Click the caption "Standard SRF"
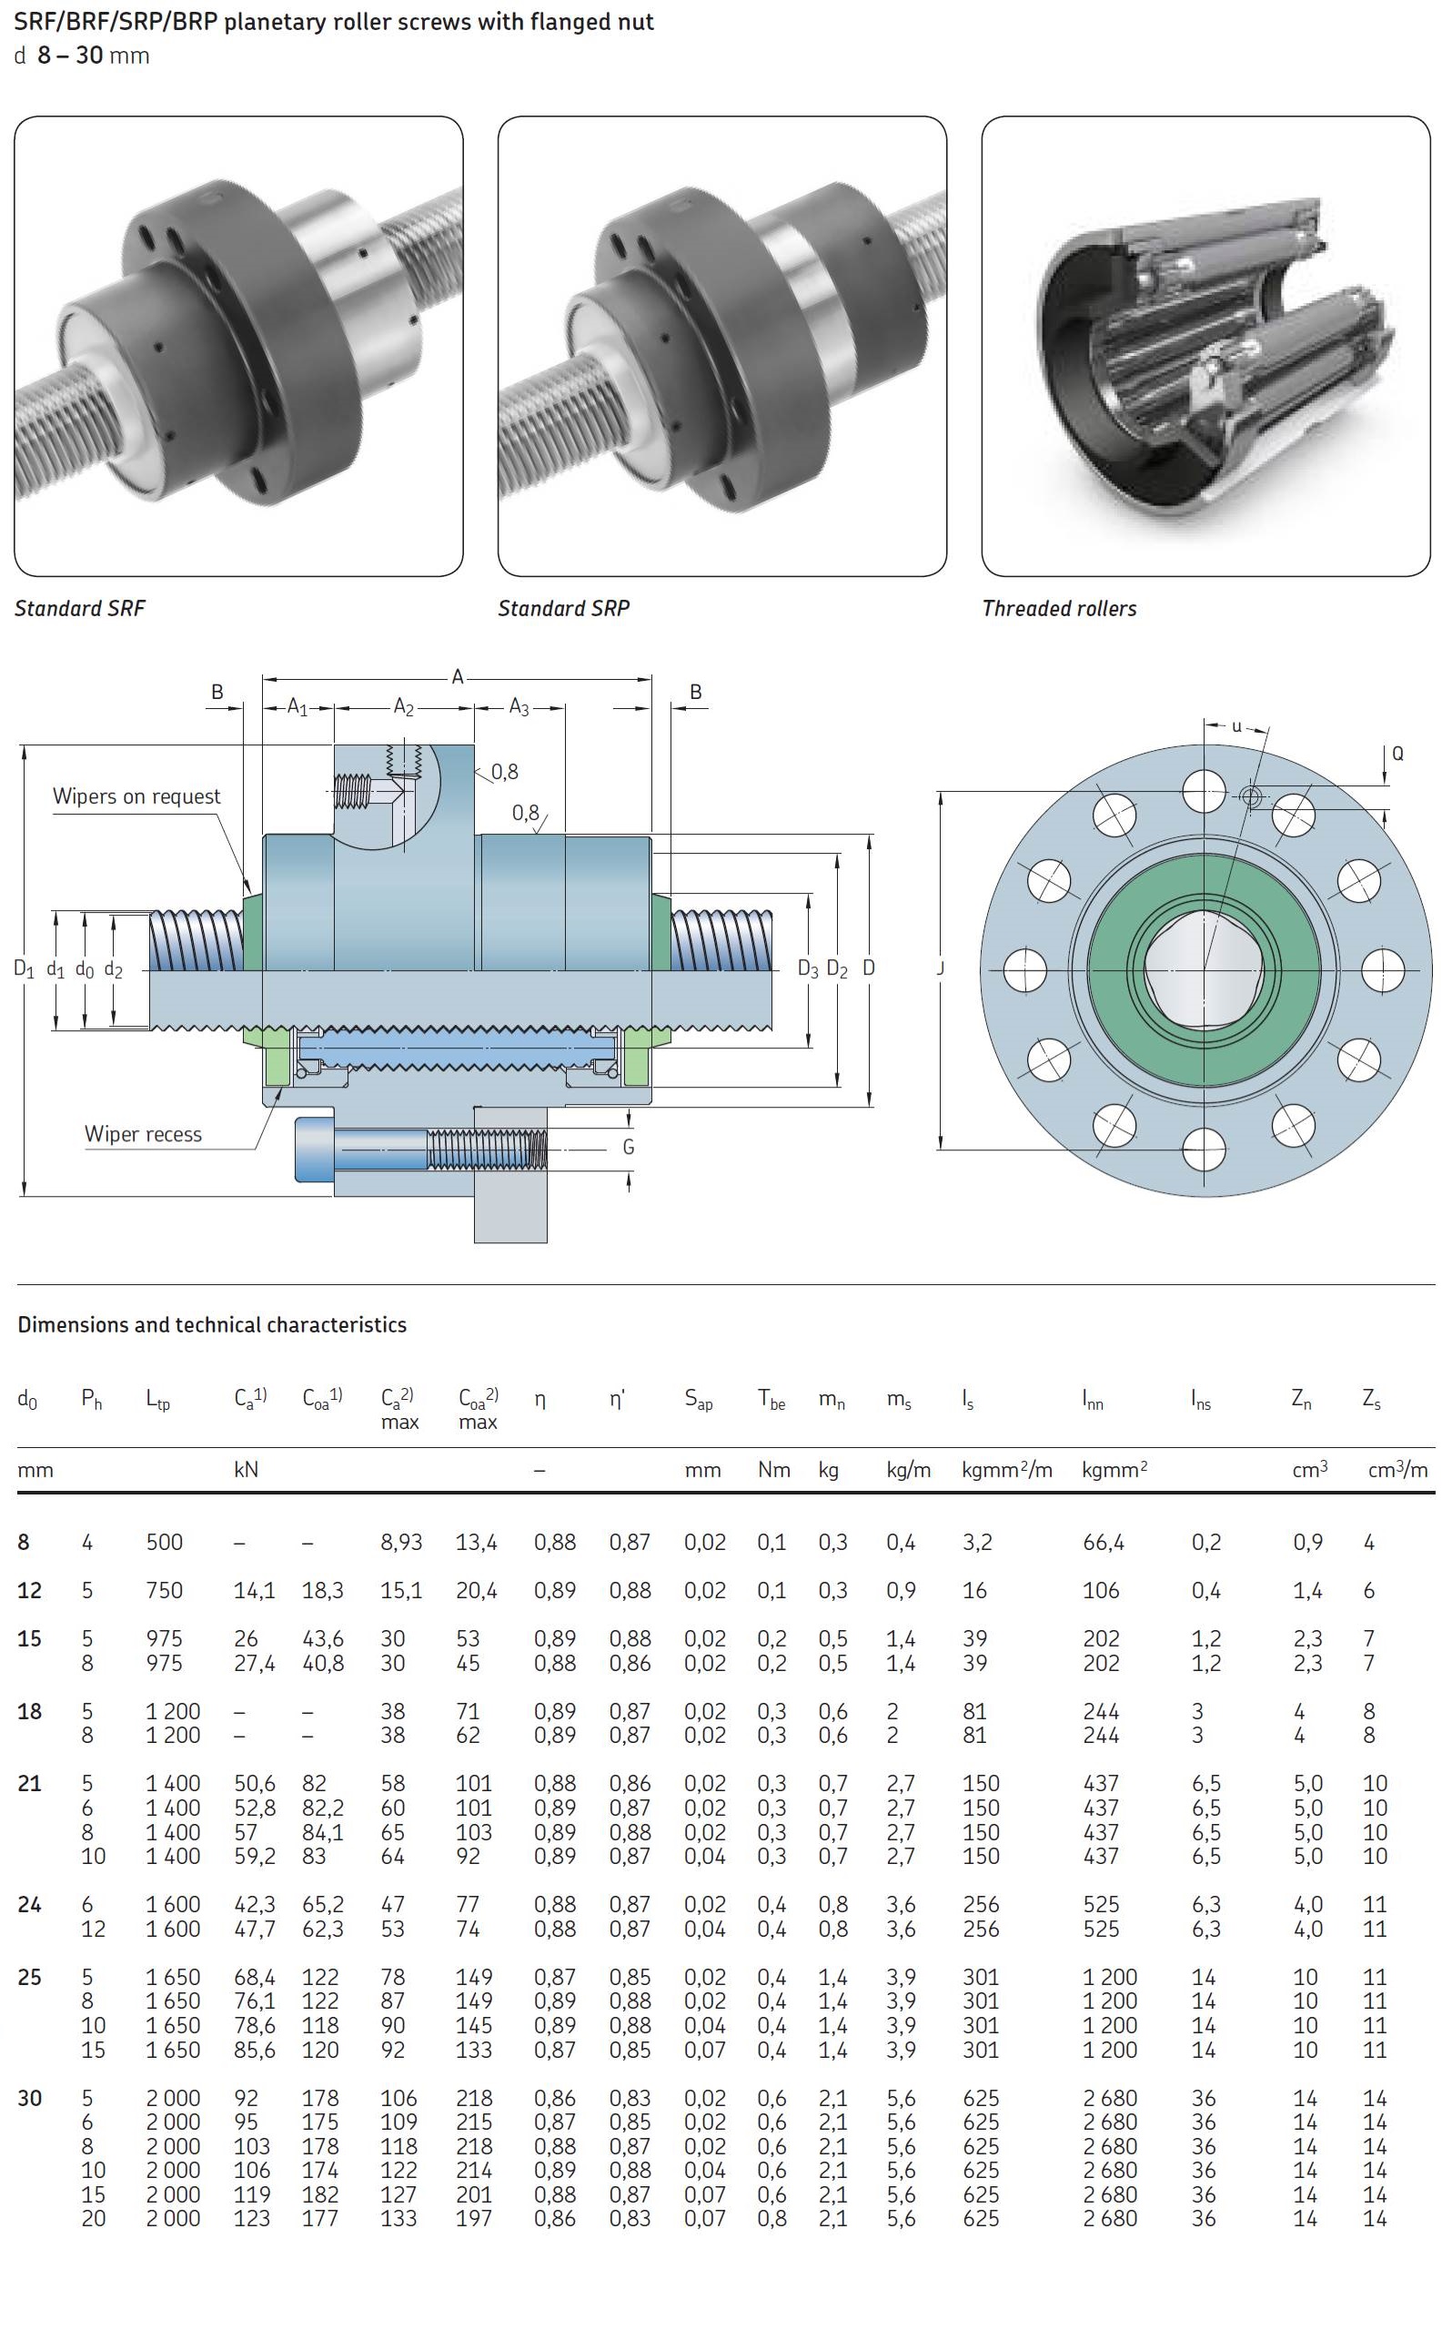pos(80,608)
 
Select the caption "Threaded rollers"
pos(1058,608)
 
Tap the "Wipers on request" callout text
pos(136,796)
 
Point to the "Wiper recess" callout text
pos(143,1134)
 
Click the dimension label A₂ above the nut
pos(403,708)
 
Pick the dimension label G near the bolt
pos(629,1147)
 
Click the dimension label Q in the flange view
pos(1397,754)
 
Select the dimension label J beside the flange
pos(941,968)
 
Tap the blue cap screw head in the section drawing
pos(315,1149)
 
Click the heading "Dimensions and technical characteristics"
pos(212,1324)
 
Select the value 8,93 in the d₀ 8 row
pos(400,1542)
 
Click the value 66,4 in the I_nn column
pos(1103,1542)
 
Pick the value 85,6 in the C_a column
pos(255,2050)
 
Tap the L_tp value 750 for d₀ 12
pos(164,1589)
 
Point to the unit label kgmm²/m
pos(1006,1470)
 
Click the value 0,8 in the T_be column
pos(771,2219)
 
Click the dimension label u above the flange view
pos(1237,726)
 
